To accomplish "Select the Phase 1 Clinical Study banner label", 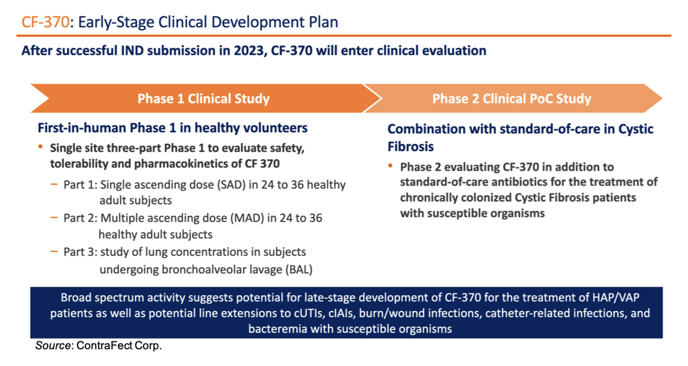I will point(203,99).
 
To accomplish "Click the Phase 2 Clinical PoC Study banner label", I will point(512,99).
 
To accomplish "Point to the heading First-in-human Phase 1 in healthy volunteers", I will point(173,128).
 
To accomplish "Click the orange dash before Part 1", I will point(54,185).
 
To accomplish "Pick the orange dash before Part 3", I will point(54,252).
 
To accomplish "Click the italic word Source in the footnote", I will point(51,346).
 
